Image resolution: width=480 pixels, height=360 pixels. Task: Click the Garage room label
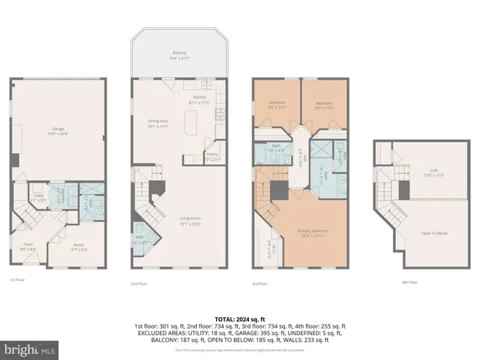[58, 130]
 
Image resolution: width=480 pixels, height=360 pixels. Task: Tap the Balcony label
[178, 53]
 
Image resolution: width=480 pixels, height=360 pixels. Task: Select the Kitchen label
[200, 97]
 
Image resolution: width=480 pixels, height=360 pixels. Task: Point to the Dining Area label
[157, 121]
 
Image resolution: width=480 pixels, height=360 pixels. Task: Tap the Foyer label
[27, 244]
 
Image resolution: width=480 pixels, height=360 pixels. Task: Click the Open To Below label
[433, 233]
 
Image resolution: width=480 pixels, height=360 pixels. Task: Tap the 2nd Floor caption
[139, 284]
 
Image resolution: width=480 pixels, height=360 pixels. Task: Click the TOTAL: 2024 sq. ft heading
[240, 319]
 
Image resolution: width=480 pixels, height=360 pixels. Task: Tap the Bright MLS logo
[28, 349]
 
